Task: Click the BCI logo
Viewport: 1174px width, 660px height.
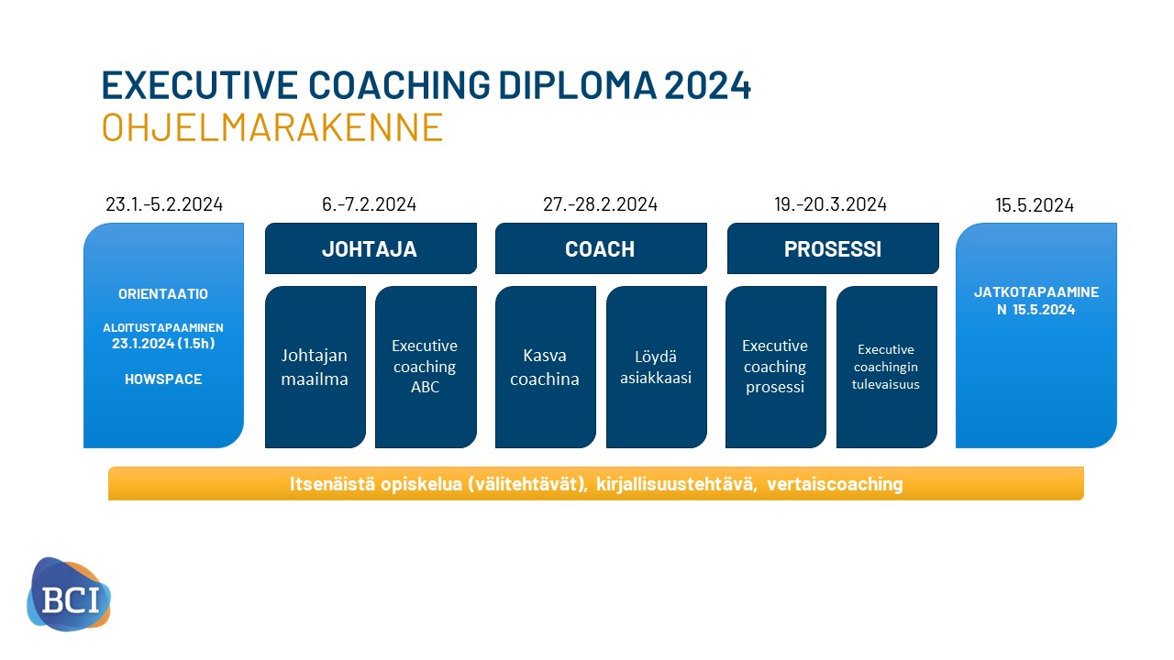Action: tap(69, 594)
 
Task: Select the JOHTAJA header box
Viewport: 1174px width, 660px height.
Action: tap(371, 248)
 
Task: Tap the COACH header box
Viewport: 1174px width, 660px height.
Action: tap(601, 248)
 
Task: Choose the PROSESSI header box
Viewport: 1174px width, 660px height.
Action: tap(833, 248)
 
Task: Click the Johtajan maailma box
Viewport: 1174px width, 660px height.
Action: tap(315, 367)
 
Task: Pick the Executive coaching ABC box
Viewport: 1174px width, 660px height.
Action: tap(426, 367)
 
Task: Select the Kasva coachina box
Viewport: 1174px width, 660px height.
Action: tap(546, 367)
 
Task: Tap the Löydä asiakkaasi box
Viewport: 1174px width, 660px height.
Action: tap(656, 367)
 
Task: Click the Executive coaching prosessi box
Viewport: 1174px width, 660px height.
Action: tap(776, 367)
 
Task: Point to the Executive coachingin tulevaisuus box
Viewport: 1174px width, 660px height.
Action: tap(886, 367)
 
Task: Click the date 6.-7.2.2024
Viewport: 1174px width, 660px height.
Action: tap(369, 204)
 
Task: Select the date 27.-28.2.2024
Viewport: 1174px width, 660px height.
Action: tap(600, 204)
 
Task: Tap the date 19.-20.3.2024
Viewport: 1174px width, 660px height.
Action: tap(831, 204)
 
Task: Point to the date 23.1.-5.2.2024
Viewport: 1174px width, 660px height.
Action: tap(164, 204)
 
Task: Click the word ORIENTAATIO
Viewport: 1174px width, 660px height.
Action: tap(163, 294)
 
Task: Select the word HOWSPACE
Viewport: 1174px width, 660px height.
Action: tap(163, 379)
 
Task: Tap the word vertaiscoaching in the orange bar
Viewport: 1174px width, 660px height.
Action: tap(835, 484)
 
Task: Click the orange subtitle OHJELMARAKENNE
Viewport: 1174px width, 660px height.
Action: tap(272, 126)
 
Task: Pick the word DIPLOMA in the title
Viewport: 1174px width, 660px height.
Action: tap(577, 85)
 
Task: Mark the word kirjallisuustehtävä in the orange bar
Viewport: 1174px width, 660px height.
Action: tap(677, 484)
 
